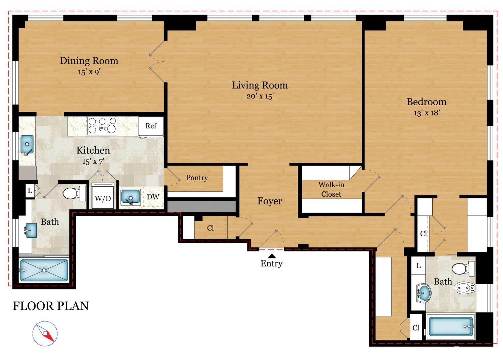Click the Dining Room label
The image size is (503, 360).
pos(89,61)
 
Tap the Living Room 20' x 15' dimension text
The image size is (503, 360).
pos(260,96)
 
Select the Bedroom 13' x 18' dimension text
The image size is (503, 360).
pos(426,113)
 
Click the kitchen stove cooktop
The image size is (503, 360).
pos(102,126)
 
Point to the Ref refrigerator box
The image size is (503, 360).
pos(151,126)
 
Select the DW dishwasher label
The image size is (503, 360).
pos(153,197)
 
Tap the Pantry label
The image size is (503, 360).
pos(197,178)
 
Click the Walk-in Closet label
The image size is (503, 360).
pos(331,189)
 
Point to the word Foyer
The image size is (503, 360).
pos(270,201)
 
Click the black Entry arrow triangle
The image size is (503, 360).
pos(272,256)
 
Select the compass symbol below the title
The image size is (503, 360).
pos(45,333)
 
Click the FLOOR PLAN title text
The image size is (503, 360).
pos(51,306)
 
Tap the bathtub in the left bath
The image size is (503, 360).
pos(44,270)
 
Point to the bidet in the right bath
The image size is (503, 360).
pos(464,288)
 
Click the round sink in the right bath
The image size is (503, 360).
pos(424,293)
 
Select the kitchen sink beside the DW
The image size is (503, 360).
pos(130,197)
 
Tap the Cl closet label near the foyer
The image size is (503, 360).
pos(210,228)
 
